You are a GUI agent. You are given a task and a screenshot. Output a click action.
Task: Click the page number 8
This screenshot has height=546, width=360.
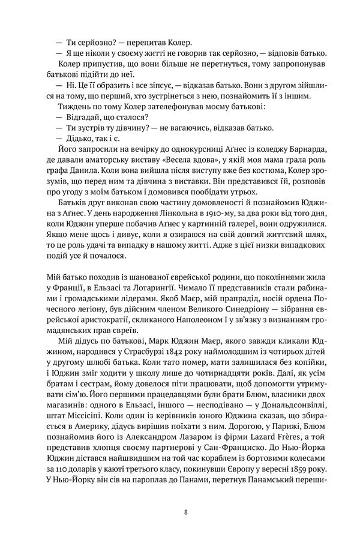[187, 511]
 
